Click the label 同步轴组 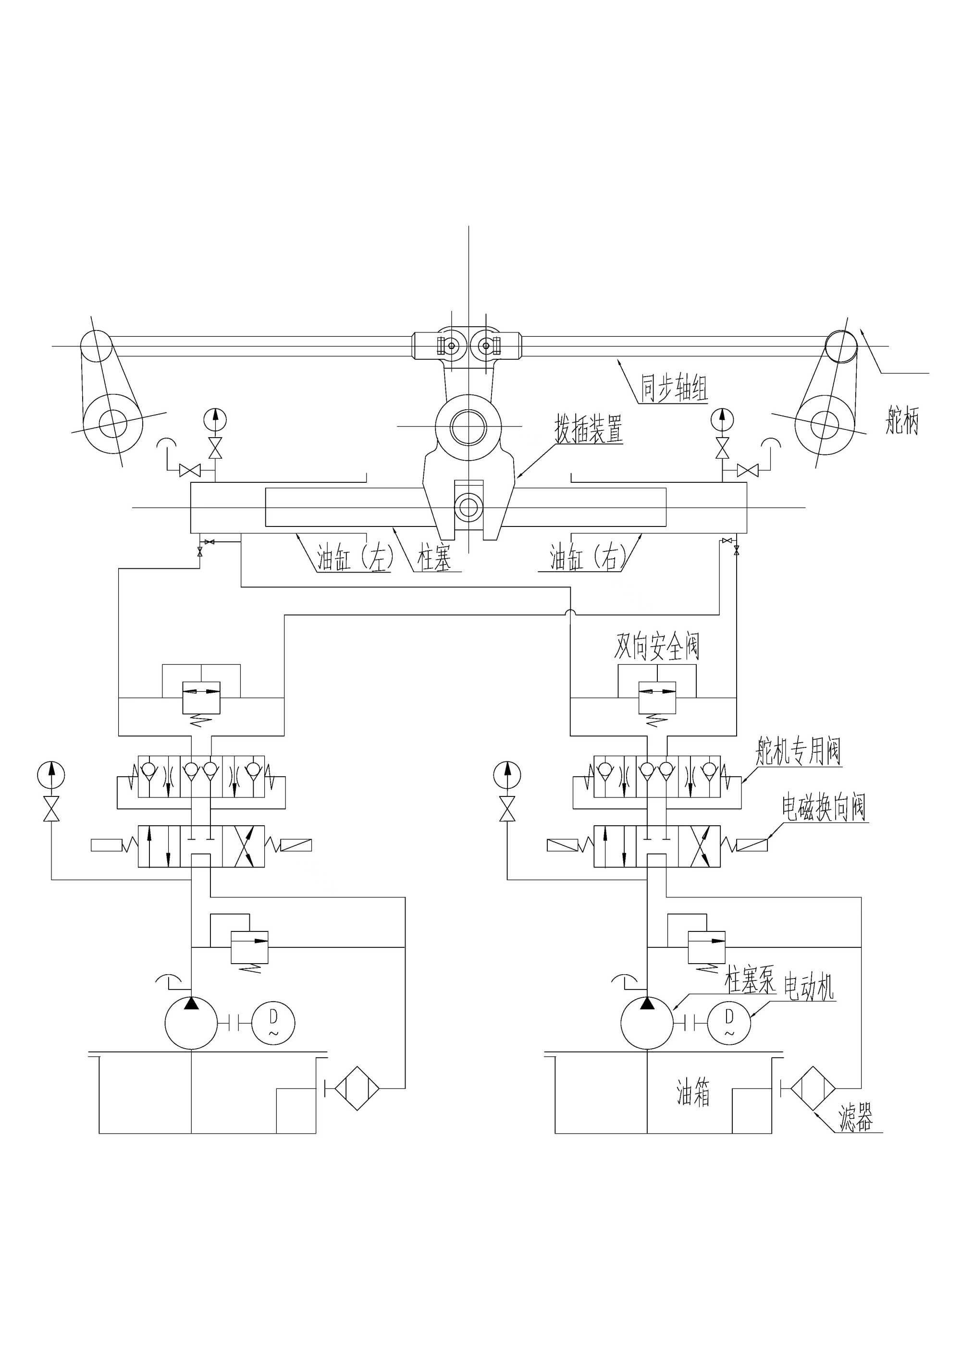click(x=675, y=388)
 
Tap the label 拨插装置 click(x=588, y=429)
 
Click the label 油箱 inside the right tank click(x=693, y=1092)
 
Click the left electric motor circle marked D click(x=273, y=1023)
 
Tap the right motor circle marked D click(x=729, y=1023)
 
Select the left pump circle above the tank click(x=191, y=1023)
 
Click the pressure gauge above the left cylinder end click(x=215, y=419)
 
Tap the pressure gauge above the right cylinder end click(x=722, y=419)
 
